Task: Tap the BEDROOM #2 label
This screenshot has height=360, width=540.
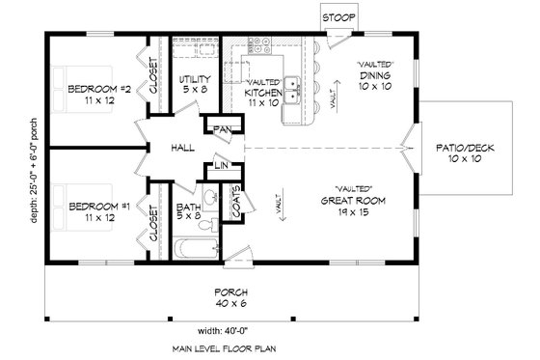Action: [x=94, y=91]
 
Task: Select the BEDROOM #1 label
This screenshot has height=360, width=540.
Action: [x=94, y=206]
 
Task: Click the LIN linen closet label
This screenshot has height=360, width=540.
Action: [x=220, y=167]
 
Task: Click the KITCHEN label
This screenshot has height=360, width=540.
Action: [x=261, y=93]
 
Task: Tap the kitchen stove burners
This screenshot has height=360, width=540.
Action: [x=258, y=46]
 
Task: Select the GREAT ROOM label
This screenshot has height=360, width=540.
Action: [x=354, y=202]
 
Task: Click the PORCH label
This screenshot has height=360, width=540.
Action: [x=231, y=292]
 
